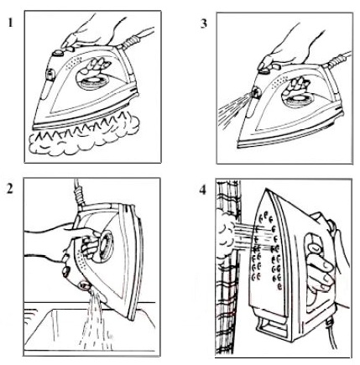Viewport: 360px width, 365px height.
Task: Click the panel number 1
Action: click(x=10, y=23)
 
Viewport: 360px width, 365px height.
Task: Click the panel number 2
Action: click(x=10, y=190)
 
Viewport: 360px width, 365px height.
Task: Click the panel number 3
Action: click(x=204, y=23)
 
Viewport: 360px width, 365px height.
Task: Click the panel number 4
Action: click(x=202, y=190)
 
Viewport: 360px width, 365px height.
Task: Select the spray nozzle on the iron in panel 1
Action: click(x=50, y=75)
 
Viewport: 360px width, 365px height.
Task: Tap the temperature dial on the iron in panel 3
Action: click(x=297, y=100)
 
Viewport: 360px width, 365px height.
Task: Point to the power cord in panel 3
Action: click(x=337, y=60)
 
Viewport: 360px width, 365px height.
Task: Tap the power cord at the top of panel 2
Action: click(x=78, y=195)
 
